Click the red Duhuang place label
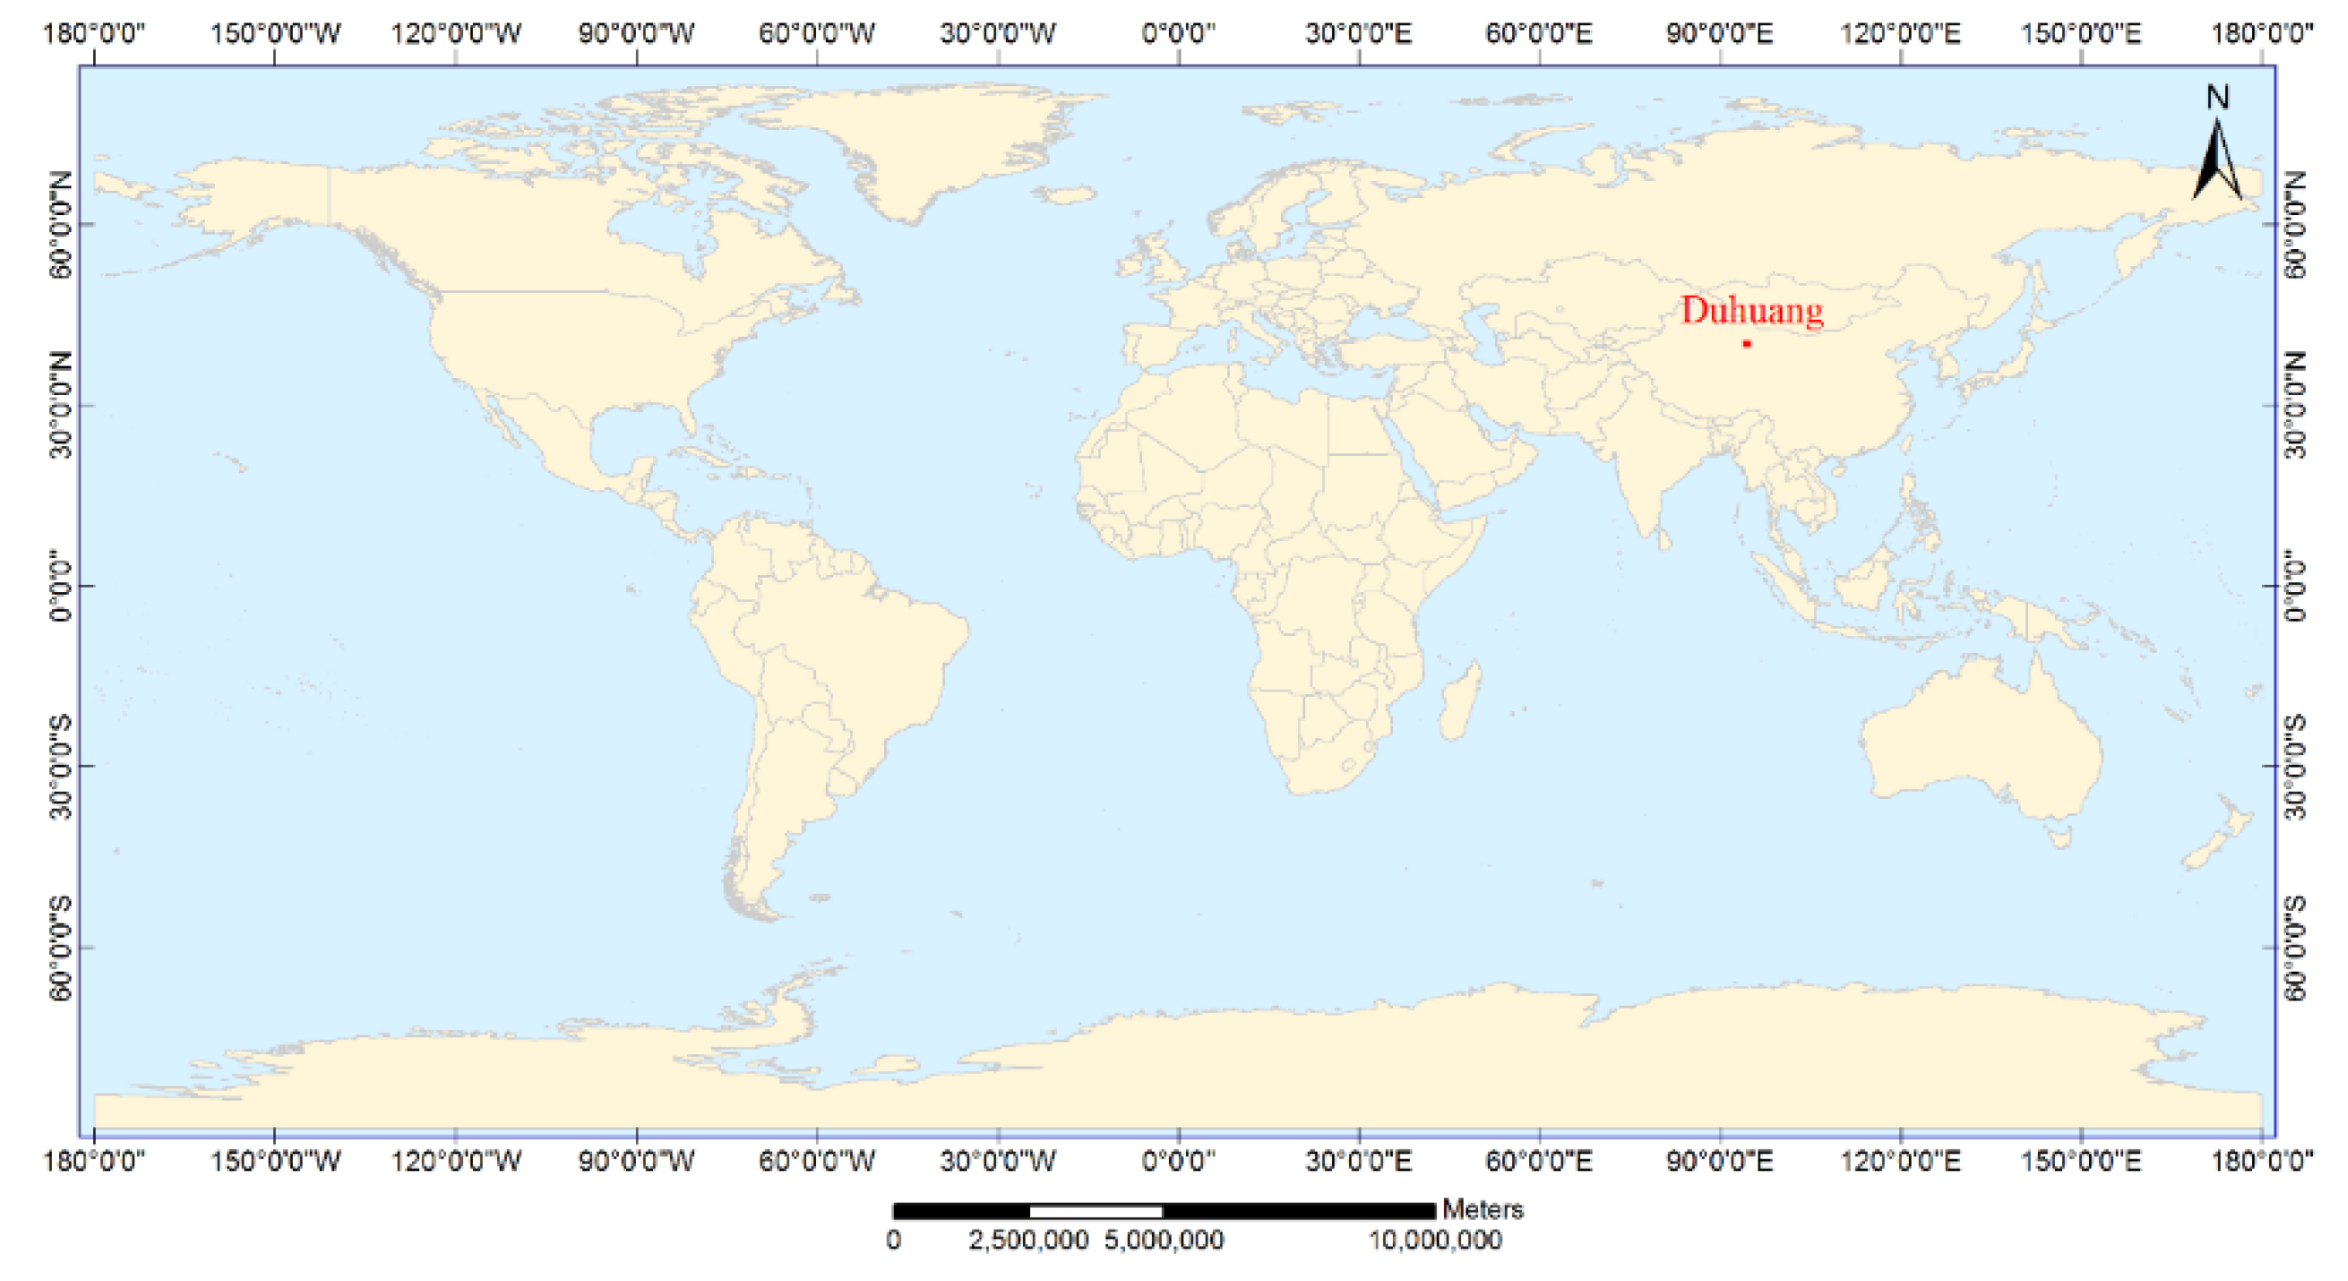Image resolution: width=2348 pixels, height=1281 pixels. tap(1751, 311)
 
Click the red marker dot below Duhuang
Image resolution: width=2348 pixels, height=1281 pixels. tap(1746, 344)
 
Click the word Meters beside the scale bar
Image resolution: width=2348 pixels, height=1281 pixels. tap(1483, 1210)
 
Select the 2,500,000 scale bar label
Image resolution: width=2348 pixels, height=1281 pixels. tap(1028, 1241)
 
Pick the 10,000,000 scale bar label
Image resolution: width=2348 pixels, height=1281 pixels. tap(1436, 1241)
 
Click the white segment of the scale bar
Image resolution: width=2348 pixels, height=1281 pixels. tap(1096, 1212)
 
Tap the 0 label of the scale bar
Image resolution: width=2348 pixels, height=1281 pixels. tap(894, 1241)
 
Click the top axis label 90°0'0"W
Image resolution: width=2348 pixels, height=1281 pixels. tap(636, 34)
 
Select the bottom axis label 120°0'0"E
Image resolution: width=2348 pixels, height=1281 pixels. tap(1900, 1161)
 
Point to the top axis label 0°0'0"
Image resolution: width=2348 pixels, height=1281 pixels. tap(1179, 34)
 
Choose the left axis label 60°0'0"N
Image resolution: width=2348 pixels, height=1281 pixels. tap(60, 224)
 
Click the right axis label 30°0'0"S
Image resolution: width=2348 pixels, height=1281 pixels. tap(2297, 766)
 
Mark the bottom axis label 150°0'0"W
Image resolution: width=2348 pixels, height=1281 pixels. tap(274, 1161)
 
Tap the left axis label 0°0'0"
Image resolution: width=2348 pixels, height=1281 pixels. tap(60, 585)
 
